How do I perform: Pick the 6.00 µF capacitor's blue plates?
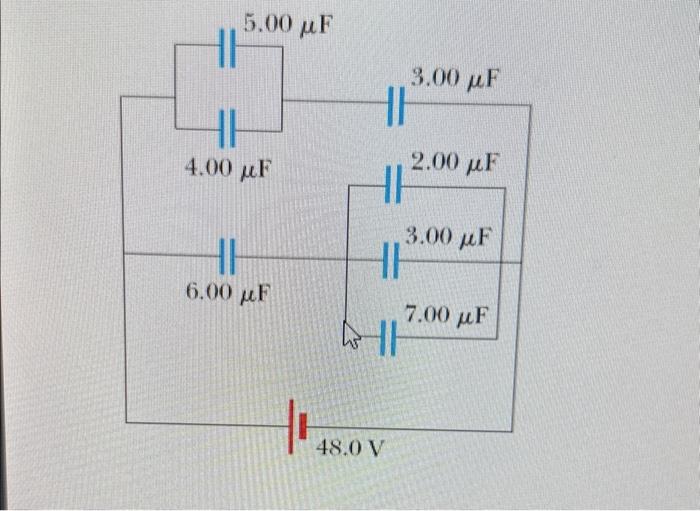(227, 256)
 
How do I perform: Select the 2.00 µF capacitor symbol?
(392, 185)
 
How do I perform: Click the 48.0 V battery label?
(350, 447)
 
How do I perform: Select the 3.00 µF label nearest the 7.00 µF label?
(449, 237)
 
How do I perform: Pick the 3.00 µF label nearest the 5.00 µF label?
(455, 76)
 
